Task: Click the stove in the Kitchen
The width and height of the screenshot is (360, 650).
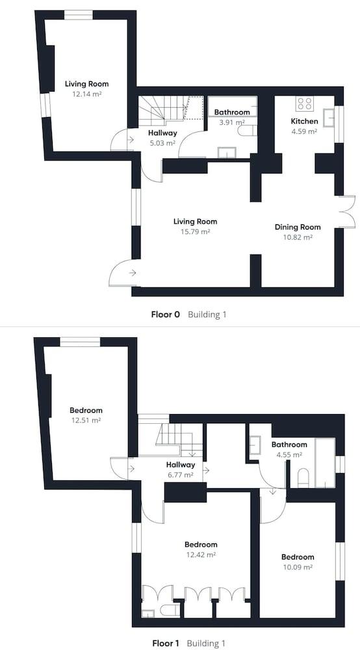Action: pos(305,103)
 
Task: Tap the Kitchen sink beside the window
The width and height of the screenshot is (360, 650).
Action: pos(329,118)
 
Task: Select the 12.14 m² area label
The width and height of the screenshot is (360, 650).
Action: pos(87,94)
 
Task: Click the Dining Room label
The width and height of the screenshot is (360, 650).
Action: pos(298,227)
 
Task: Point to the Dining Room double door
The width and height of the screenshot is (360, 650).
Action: pos(347,211)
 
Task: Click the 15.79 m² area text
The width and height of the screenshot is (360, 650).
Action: pos(195,232)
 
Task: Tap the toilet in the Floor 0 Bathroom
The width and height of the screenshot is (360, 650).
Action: pos(248,131)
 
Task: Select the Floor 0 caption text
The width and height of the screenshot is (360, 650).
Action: pos(165,314)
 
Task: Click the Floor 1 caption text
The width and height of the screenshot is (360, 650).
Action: pos(166,643)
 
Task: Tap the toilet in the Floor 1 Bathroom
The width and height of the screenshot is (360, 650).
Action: pos(303,478)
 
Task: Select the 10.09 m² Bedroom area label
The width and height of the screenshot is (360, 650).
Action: pos(298,567)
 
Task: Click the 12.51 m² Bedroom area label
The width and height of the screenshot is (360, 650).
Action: pos(86,421)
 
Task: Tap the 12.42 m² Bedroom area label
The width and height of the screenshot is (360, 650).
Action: pos(201,554)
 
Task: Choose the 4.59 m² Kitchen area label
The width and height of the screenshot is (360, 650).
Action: pos(305,132)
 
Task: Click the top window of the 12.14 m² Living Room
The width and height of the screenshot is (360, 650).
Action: pos(78,16)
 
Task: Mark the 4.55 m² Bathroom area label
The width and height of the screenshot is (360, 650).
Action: pos(289,455)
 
